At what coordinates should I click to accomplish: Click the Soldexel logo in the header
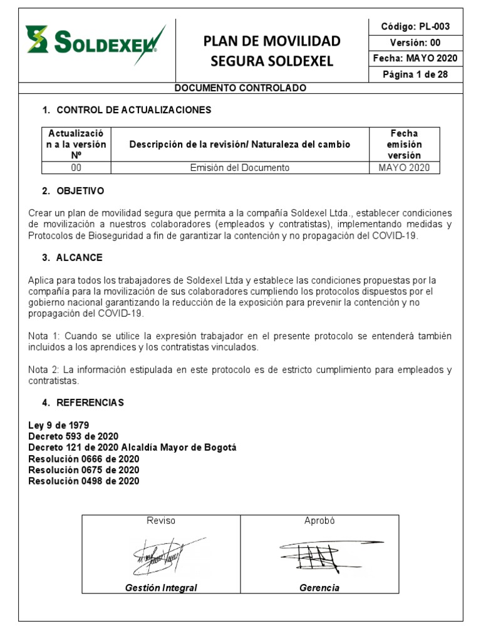95,42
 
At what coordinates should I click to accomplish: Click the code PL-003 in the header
415,26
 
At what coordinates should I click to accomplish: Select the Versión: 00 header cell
415,43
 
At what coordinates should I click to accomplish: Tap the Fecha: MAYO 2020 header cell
415,58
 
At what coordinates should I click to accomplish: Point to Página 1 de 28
415,74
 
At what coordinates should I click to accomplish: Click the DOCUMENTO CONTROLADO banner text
240,88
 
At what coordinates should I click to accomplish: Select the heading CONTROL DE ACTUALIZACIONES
133,110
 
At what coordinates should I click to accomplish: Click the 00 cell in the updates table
76,168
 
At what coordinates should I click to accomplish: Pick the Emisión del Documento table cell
240,168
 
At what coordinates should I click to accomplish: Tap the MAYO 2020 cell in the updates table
405,168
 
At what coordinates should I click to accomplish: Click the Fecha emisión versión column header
405,145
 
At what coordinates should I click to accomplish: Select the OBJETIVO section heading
80,191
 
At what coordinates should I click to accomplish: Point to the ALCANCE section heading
80,258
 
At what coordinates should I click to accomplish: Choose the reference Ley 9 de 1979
58,425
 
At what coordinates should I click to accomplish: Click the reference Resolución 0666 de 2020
84,459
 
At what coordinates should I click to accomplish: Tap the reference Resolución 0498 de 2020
84,481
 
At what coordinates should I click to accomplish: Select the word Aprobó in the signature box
319,521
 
